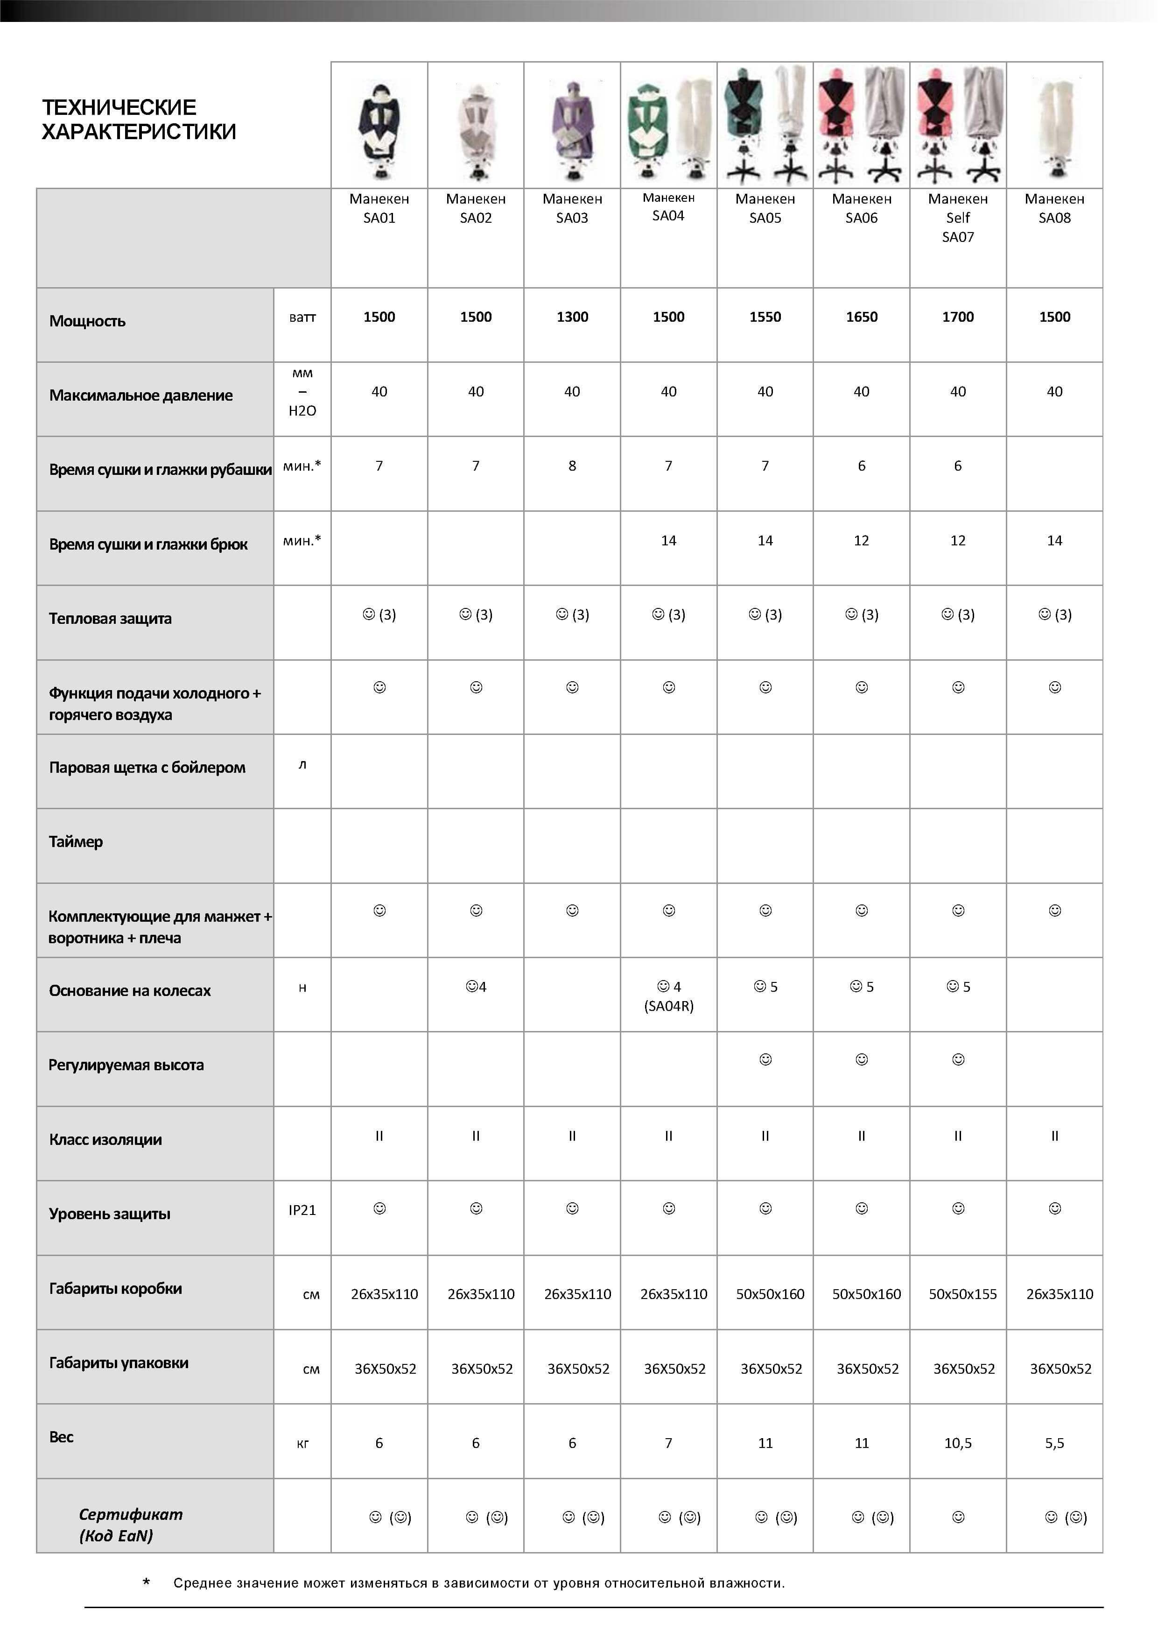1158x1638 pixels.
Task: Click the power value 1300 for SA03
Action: click(572, 317)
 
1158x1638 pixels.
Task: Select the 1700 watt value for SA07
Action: click(958, 317)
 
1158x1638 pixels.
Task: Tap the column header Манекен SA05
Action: click(765, 208)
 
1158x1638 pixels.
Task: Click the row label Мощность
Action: click(87, 321)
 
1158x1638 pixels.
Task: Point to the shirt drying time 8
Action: click(572, 466)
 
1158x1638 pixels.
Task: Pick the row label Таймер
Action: click(76, 842)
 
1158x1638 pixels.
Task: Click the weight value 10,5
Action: click(958, 1443)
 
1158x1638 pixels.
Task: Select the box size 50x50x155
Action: click(962, 1294)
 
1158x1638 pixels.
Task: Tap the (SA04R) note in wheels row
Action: click(668, 1006)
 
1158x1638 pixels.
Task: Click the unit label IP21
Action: click(302, 1210)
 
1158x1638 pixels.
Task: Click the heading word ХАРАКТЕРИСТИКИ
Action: click(139, 132)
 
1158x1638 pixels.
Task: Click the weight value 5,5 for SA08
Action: click(1054, 1443)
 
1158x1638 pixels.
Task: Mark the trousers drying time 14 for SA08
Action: click(1054, 541)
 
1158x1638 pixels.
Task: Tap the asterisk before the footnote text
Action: click(146, 1582)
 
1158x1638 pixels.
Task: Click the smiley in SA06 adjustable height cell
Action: click(861, 1059)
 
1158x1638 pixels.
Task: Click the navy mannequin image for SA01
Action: click(379, 128)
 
